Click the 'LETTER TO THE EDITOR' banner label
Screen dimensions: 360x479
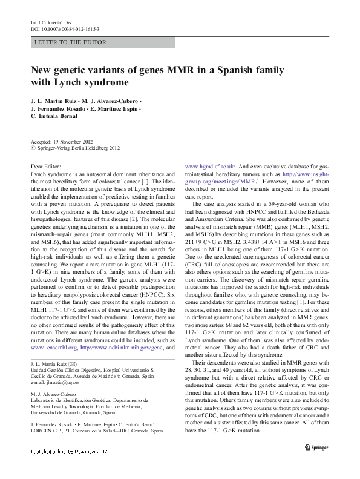[71, 42]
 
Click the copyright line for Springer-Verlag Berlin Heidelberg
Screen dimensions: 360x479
[79, 147]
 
